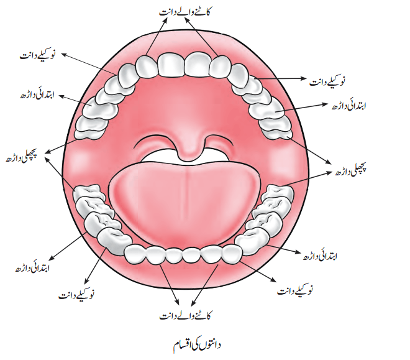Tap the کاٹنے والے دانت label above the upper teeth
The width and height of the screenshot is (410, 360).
[184, 12]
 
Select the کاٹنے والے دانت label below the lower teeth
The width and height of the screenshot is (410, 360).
[186, 315]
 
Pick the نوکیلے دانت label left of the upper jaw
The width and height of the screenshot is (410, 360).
[37, 55]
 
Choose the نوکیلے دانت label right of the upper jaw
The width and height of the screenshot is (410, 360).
[327, 81]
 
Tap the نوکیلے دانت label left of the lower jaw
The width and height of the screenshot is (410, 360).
[76, 295]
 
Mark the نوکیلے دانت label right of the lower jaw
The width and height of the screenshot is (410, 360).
[295, 290]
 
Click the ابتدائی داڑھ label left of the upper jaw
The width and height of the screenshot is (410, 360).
[37, 95]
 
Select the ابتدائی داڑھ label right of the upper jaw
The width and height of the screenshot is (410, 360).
[349, 106]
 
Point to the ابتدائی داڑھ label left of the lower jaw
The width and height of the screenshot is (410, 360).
[32, 268]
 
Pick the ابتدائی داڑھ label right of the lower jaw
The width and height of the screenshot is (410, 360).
[320, 256]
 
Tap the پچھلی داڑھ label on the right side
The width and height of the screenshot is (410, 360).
[351, 170]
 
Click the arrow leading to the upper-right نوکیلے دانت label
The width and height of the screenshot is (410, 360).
[280, 78]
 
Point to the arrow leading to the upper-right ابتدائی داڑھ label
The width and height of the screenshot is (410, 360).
[301, 108]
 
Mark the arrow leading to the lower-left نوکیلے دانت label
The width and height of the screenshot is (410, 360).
[96, 265]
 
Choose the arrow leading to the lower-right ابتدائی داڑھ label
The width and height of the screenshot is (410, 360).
[285, 249]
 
